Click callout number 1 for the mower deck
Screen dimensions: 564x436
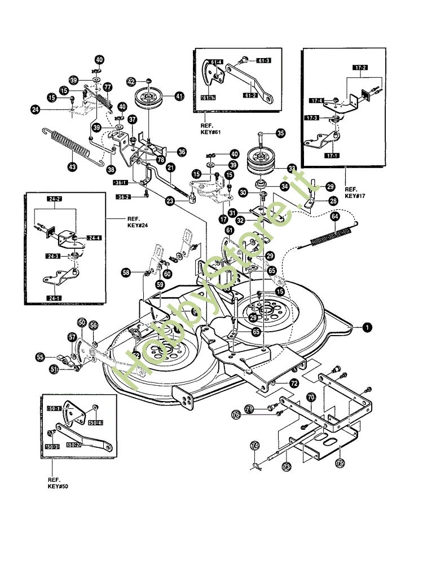click(x=367, y=327)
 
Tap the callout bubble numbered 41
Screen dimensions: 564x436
click(x=179, y=96)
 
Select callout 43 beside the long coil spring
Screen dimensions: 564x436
click(x=72, y=167)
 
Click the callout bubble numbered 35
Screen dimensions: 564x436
click(x=280, y=134)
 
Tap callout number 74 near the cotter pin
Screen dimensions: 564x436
click(x=254, y=446)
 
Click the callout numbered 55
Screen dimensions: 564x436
click(x=40, y=357)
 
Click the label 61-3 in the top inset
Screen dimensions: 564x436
click(x=264, y=60)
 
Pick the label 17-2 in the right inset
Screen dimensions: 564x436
click(x=361, y=68)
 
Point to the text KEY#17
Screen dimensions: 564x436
click(x=353, y=195)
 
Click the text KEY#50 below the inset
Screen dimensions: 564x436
click(x=58, y=485)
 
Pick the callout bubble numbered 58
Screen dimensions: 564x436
click(x=126, y=273)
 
